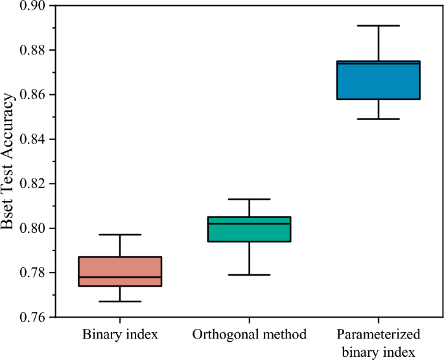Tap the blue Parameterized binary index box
[379, 81]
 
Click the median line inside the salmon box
[120, 277]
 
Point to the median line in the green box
[250, 223]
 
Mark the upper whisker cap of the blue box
[379, 25]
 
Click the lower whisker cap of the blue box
[379, 119]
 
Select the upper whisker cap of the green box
[250, 199]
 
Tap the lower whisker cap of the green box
[250, 274]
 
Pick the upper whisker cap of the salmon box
[120, 234]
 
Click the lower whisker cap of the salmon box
[120, 302]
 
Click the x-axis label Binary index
[120, 335]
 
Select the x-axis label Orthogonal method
[250, 335]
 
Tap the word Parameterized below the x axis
[379, 335]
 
